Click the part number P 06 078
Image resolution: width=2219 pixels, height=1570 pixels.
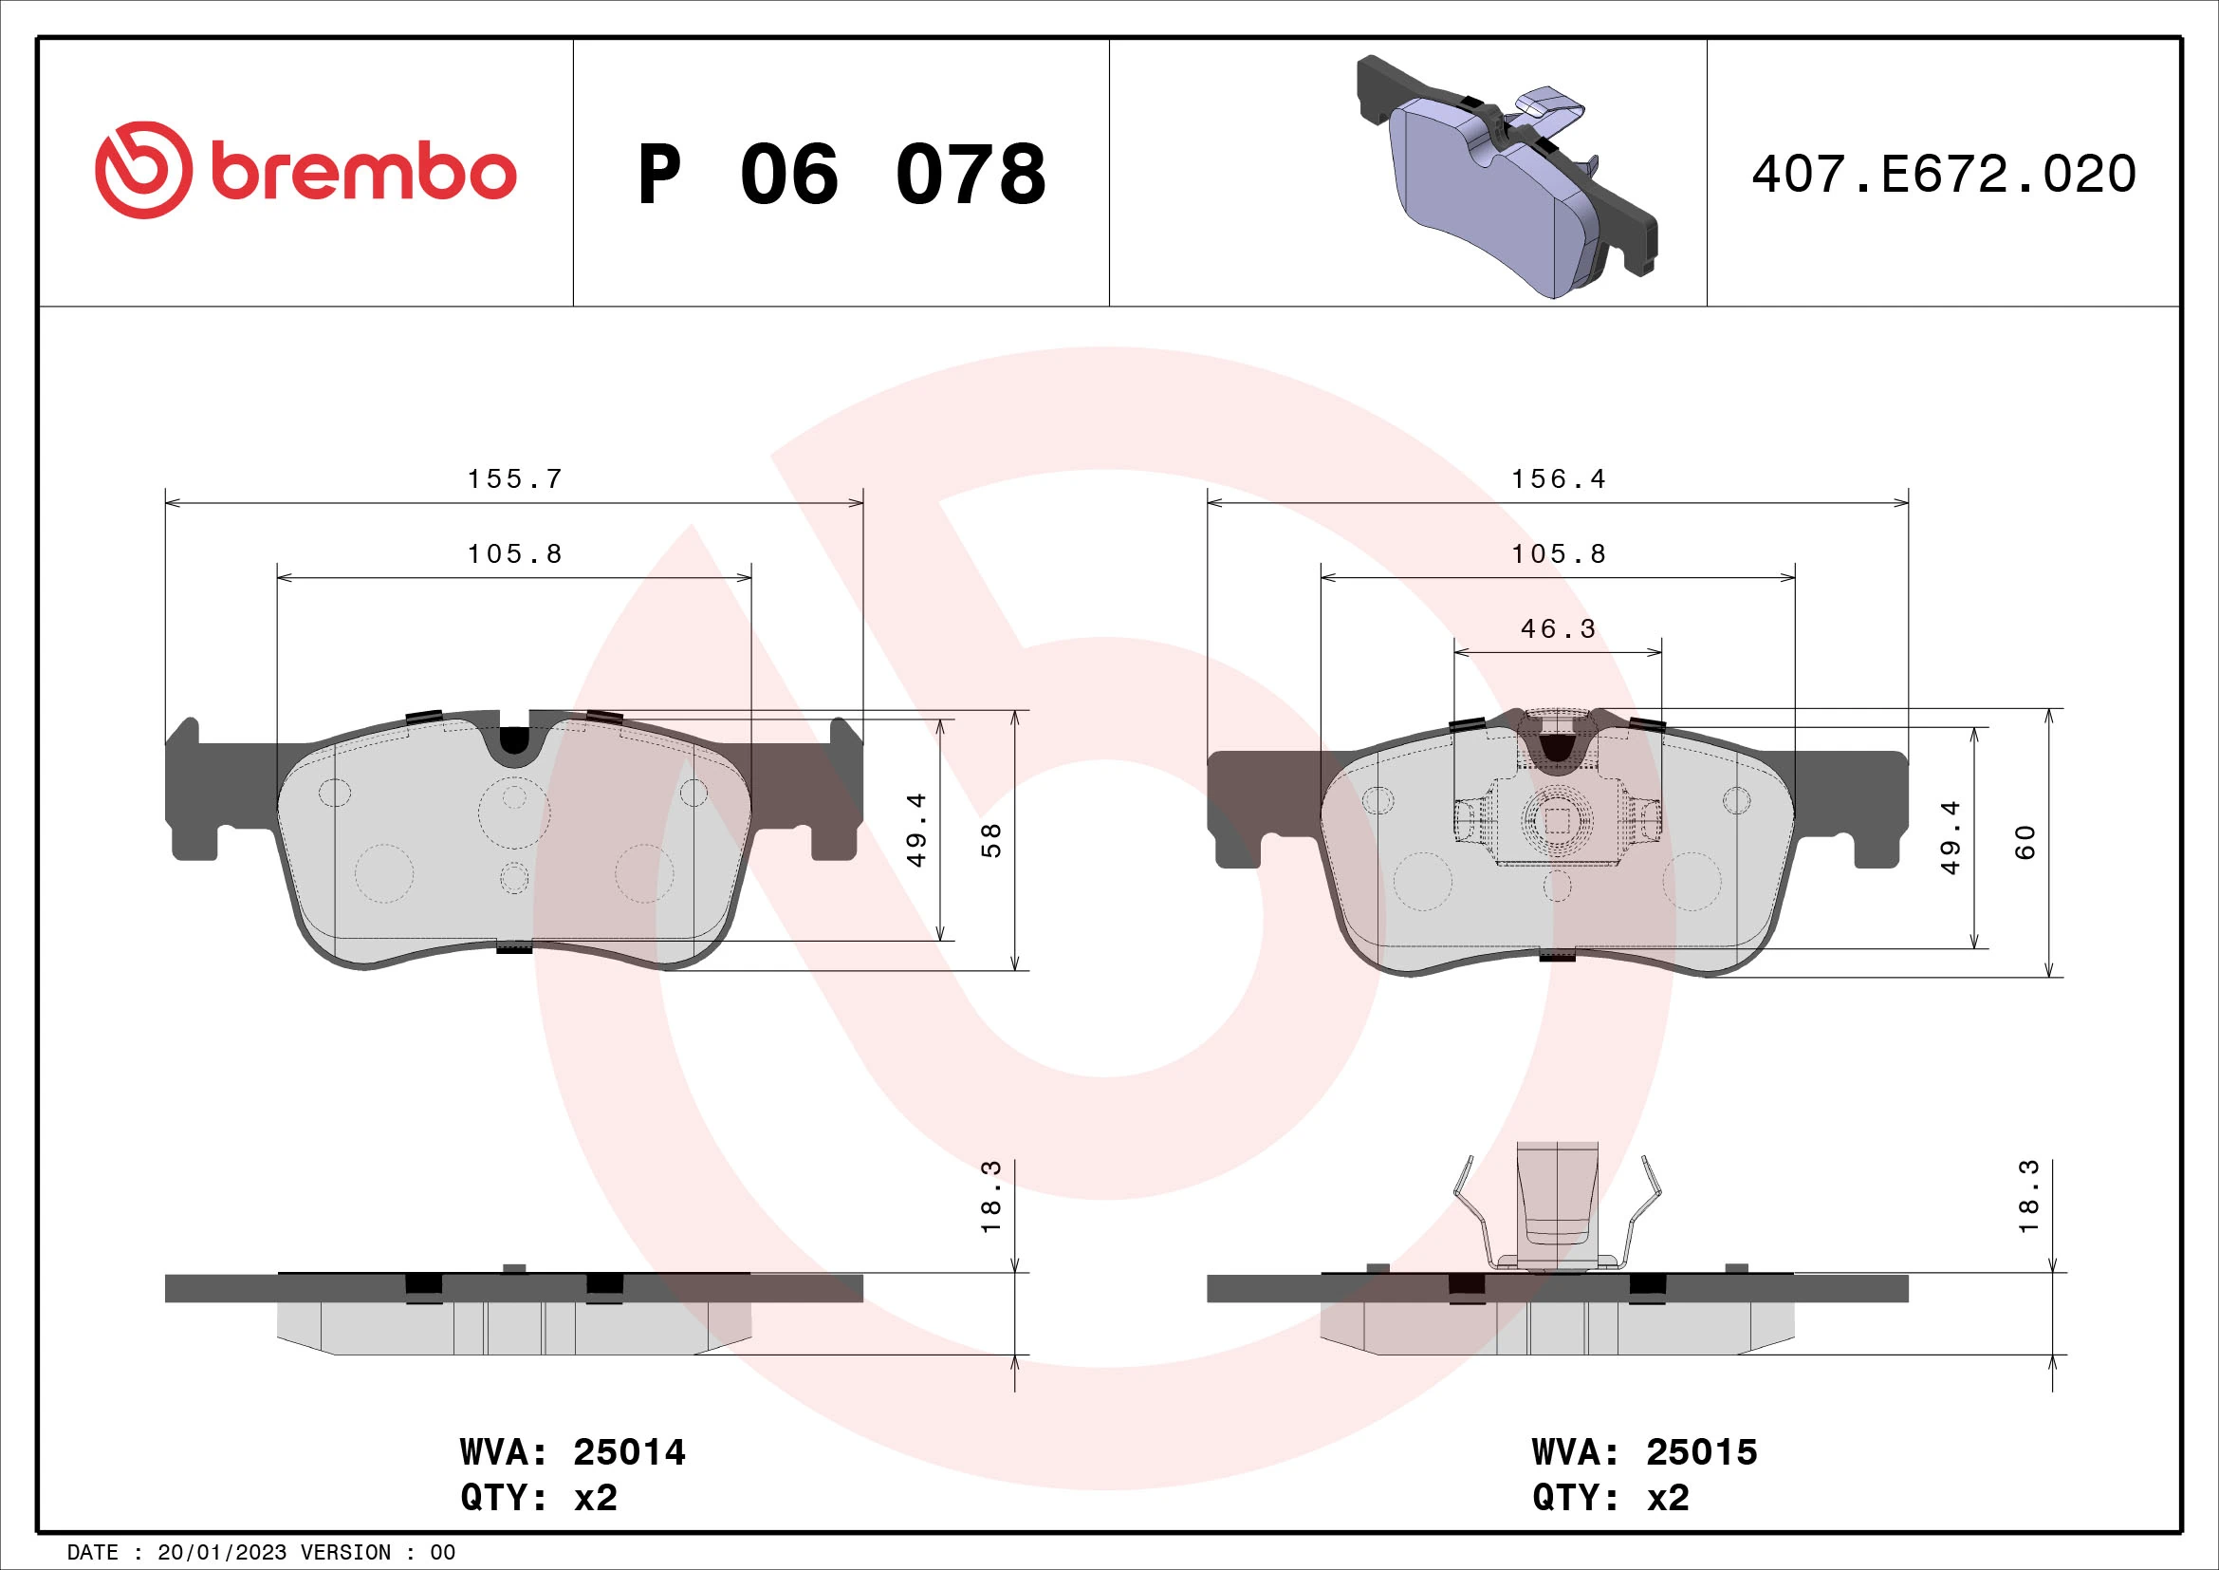click(841, 175)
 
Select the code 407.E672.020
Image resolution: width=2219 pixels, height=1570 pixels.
click(1944, 175)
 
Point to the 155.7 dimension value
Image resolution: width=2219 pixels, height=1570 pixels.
click(514, 479)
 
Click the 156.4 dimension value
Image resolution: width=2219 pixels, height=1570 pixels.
click(1558, 479)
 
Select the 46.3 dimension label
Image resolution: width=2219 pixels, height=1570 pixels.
click(1558, 629)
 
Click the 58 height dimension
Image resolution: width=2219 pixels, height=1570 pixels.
click(991, 839)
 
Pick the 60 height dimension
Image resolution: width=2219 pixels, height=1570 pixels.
click(2025, 841)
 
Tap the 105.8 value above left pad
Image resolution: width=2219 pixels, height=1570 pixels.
click(514, 554)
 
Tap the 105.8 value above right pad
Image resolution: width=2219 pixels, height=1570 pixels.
click(1558, 554)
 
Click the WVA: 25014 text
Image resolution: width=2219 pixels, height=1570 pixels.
click(572, 1452)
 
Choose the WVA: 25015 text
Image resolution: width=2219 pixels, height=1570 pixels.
click(1644, 1452)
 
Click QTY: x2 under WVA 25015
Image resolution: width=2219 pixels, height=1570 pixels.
click(1610, 1498)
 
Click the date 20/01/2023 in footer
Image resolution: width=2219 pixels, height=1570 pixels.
click(221, 1553)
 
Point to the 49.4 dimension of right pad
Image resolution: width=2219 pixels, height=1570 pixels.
click(1951, 837)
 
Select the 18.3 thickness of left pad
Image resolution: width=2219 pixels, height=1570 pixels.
click(991, 1197)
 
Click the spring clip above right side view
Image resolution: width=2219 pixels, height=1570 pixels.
click(1557, 1208)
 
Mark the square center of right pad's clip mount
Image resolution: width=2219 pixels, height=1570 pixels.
click(1557, 821)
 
